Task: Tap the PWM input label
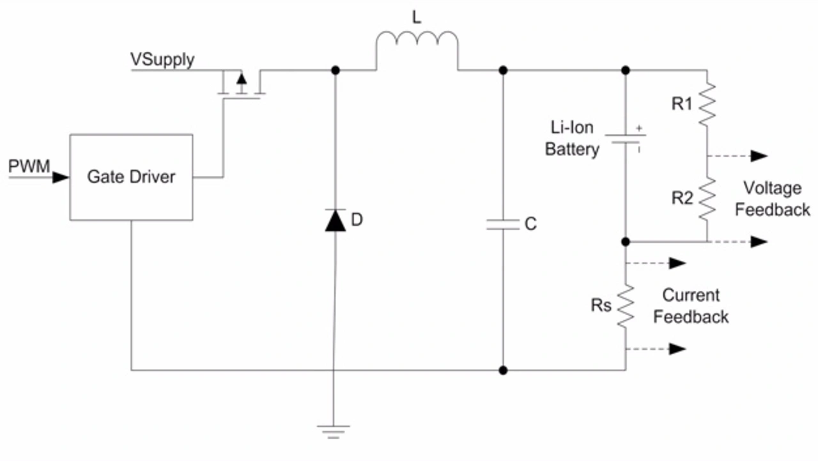point(29,166)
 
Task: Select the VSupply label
point(162,60)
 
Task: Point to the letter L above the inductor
point(416,17)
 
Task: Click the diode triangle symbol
point(336,221)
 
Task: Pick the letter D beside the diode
point(357,219)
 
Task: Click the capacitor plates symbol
point(503,224)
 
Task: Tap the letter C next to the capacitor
point(530,224)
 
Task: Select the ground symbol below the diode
point(334,432)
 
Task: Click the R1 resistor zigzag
point(707,104)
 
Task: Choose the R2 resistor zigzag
point(707,199)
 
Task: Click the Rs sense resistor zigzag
point(626,306)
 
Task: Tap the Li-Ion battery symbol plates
point(626,139)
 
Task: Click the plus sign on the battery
point(639,129)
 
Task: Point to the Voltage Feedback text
point(773,199)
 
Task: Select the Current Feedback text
point(691,306)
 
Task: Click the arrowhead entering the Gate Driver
point(61,178)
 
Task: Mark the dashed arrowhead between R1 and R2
point(759,156)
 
